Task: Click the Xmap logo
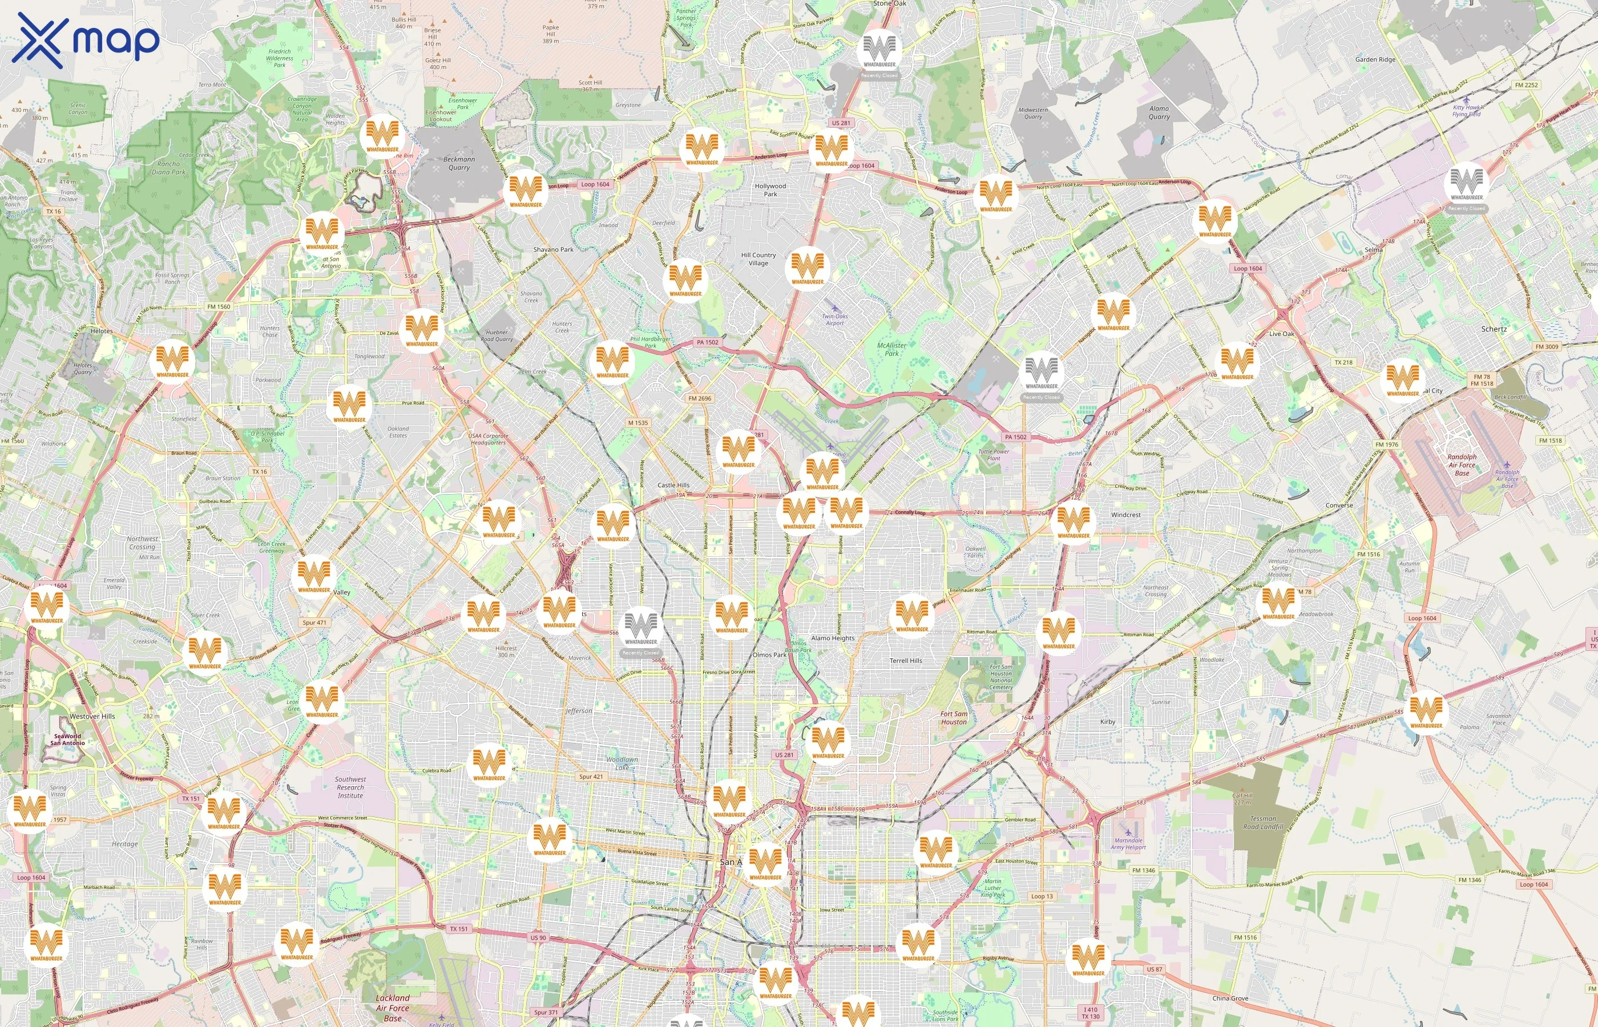click(x=86, y=40)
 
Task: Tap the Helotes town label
click(x=102, y=331)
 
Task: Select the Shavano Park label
click(x=553, y=249)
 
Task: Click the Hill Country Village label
click(x=758, y=259)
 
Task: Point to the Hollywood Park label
click(x=770, y=190)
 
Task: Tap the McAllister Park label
click(x=891, y=349)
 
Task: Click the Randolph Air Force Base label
click(x=1462, y=465)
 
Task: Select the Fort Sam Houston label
click(x=953, y=718)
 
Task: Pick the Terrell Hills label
click(x=906, y=661)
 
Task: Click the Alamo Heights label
click(x=832, y=638)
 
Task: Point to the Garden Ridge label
click(x=1375, y=59)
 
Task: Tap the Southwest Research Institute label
click(x=350, y=787)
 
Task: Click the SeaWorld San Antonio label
click(x=67, y=739)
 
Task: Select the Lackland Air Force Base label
click(x=393, y=1008)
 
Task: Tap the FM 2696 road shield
click(x=700, y=398)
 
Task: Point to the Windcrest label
click(x=1126, y=515)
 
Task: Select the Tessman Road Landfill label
click(x=1263, y=822)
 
